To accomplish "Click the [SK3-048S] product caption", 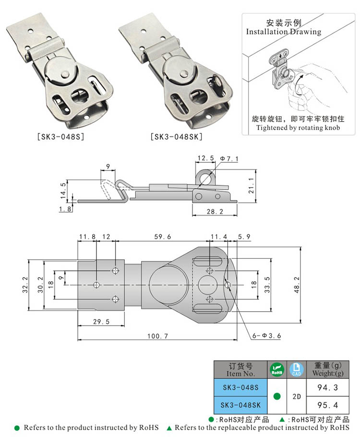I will [60, 137].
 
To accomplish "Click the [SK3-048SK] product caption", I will [176, 137].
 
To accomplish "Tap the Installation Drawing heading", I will [284, 32].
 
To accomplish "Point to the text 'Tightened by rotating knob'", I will [298, 127].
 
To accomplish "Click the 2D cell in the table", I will [296, 396].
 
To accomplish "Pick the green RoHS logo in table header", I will [276, 369].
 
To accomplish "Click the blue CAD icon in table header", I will [296, 369].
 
